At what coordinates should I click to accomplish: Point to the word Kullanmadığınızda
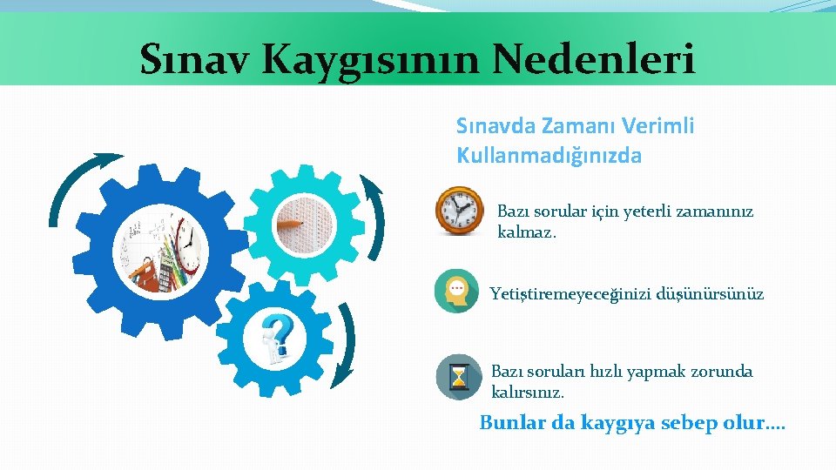click(549, 156)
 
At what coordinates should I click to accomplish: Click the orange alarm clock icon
click(459, 211)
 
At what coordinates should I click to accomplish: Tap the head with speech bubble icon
click(456, 292)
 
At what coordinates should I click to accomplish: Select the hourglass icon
click(458, 377)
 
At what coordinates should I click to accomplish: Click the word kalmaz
click(526, 232)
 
